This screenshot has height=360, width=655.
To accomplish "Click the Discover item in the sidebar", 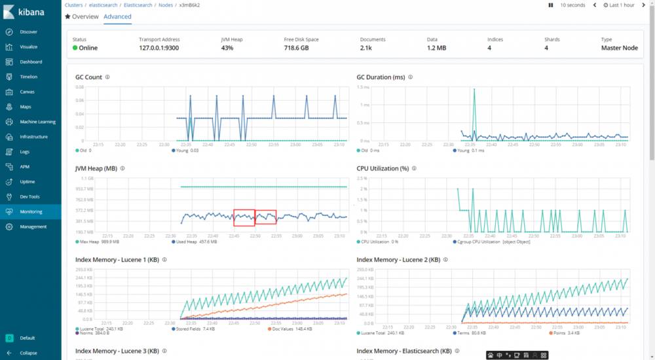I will pyautogui.click(x=28, y=32).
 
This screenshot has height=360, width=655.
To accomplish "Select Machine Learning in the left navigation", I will pyautogui.click(x=37, y=122).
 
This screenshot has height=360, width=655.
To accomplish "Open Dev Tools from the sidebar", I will pyautogui.click(x=29, y=196).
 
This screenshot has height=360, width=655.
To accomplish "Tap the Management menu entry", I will pyautogui.click(x=33, y=226).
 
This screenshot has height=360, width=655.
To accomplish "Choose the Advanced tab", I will pyautogui.click(x=117, y=16).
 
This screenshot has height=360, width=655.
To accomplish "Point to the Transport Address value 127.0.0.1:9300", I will pyautogui.click(x=159, y=48).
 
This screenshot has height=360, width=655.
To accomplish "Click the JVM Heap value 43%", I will pyautogui.click(x=227, y=48).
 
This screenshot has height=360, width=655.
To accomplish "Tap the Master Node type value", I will pyautogui.click(x=619, y=48).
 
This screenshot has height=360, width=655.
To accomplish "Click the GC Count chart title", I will pyautogui.click(x=88, y=77).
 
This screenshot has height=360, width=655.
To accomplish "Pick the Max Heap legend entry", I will pyautogui.click(x=92, y=242).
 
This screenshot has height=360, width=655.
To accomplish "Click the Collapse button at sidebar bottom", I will pyautogui.click(x=28, y=353).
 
